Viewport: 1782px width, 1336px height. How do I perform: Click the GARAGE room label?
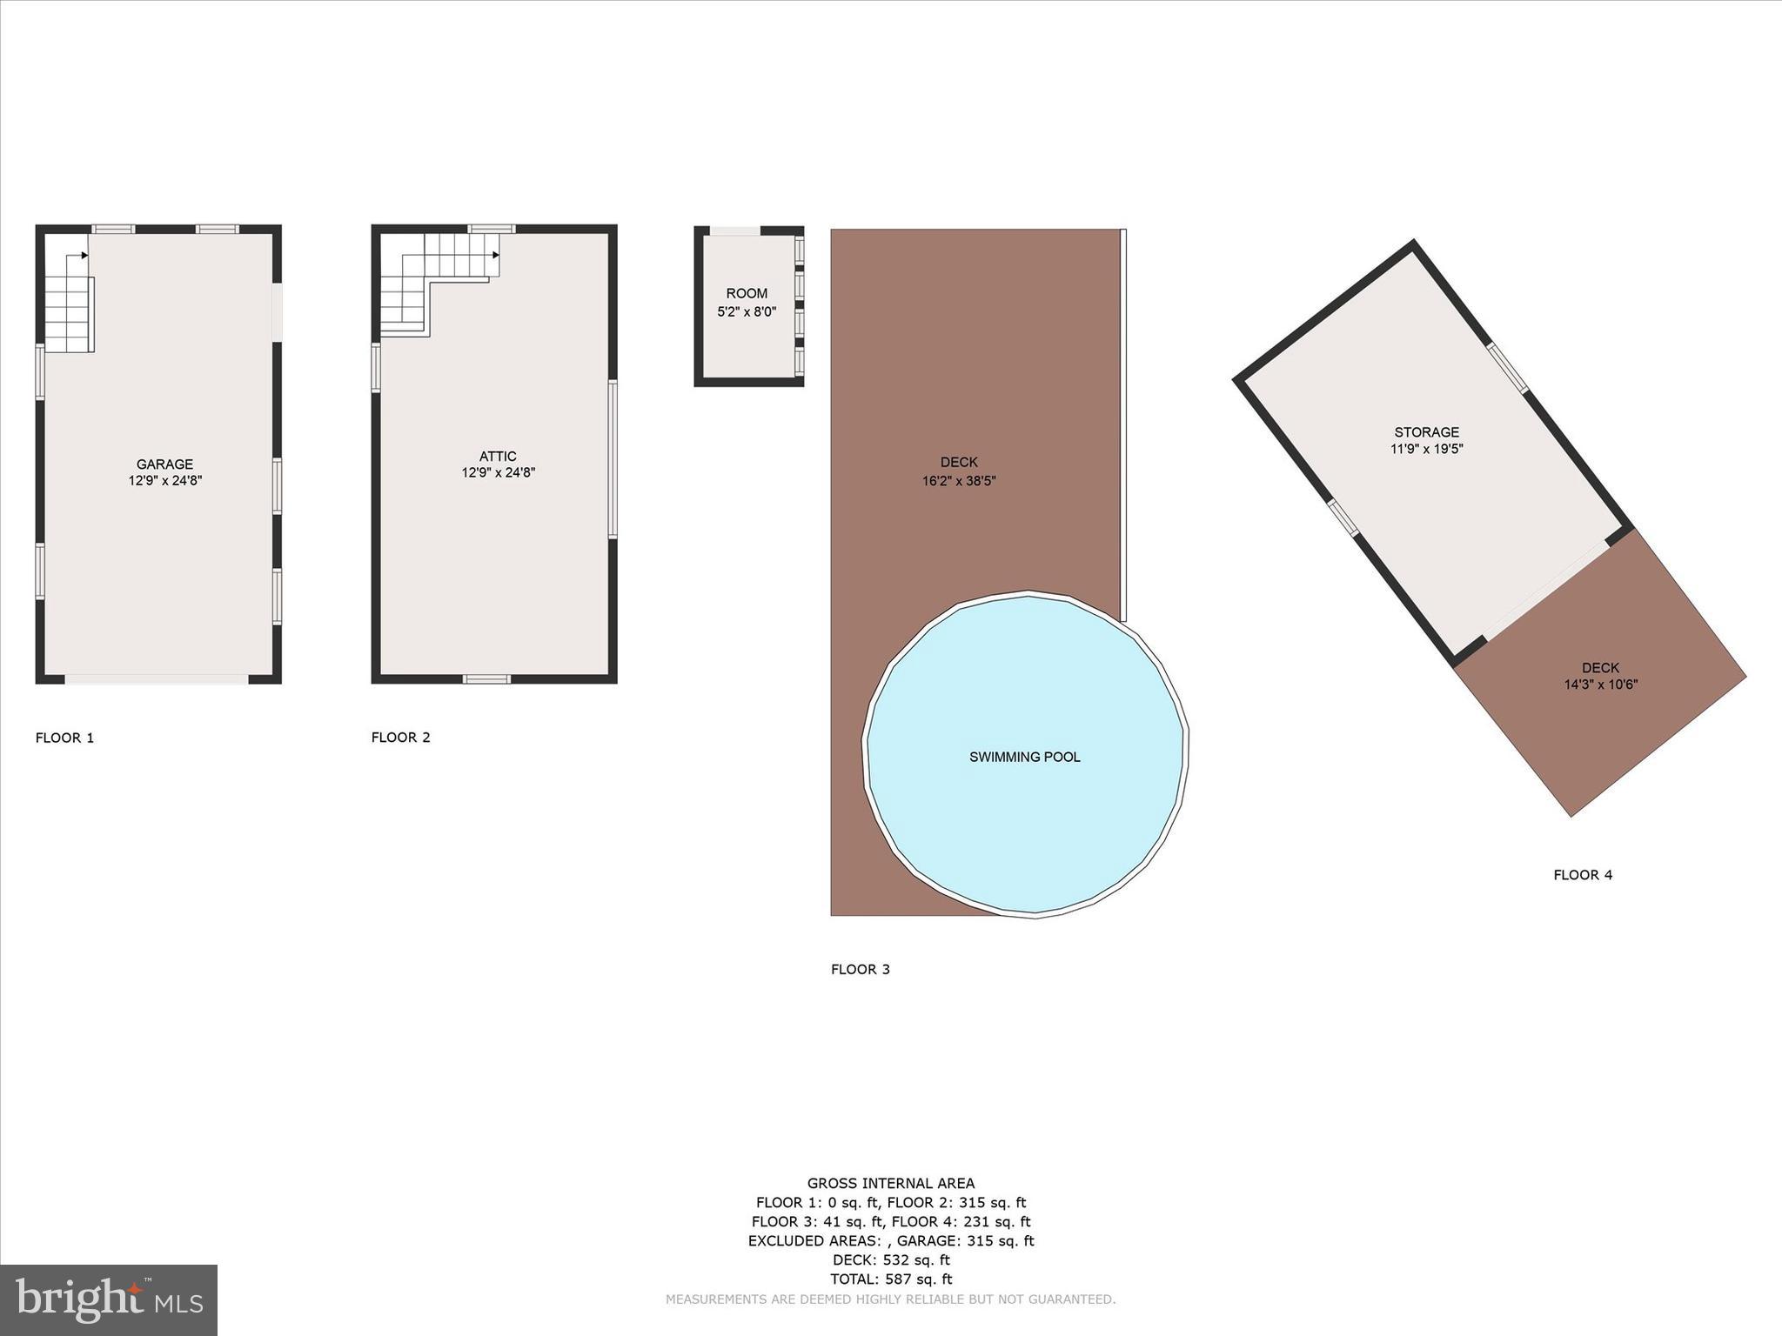164,464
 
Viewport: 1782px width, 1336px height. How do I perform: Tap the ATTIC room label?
498,457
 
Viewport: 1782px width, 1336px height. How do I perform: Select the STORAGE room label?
1426,432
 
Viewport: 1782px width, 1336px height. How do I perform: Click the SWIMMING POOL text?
1025,757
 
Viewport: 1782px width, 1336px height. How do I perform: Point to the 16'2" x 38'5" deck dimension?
959,480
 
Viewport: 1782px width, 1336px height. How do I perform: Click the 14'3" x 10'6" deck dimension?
1601,685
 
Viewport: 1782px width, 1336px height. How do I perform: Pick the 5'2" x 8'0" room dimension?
747,311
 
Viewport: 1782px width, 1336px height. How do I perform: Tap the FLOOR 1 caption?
64,738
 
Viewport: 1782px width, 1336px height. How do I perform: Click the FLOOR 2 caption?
400,738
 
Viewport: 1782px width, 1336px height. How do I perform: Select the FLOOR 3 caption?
860,969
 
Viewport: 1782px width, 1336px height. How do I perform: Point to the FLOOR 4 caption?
1583,875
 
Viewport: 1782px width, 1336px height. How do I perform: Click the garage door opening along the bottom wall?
157,679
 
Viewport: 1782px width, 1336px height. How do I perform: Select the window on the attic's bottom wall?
486,679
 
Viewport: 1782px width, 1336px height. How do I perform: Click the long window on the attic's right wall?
613,458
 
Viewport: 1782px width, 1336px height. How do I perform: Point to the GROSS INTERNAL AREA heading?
891,1183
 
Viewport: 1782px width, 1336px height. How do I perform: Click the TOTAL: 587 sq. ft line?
891,1279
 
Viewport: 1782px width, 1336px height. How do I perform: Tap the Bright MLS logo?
109,1299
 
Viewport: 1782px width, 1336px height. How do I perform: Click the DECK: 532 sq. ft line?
891,1259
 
